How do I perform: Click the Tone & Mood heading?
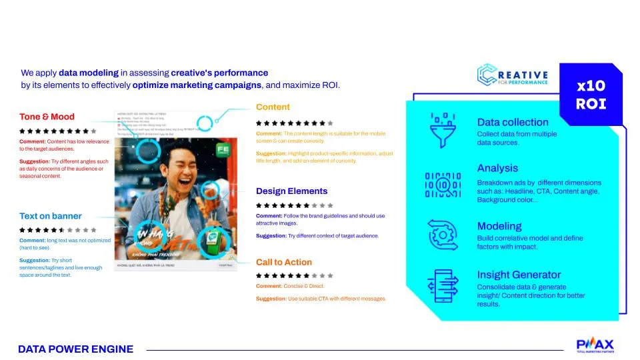coord(47,117)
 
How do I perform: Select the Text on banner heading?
coord(51,216)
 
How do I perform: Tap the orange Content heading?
coord(273,107)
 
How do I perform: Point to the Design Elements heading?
coord(291,191)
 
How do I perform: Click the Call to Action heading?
coord(283,262)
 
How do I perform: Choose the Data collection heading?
coord(513,122)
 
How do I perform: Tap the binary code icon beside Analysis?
coord(442,184)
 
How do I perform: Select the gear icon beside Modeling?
coord(442,235)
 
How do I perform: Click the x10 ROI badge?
coord(591,95)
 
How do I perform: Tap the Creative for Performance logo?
coord(513,75)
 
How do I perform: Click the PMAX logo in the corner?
coord(595,345)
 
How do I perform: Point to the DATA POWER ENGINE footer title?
coord(75,349)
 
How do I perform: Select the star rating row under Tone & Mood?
coord(59,131)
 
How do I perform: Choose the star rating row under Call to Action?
coord(294,275)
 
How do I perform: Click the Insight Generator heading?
coord(519,275)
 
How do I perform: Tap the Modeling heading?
coord(499,226)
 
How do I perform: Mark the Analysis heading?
coord(497,168)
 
